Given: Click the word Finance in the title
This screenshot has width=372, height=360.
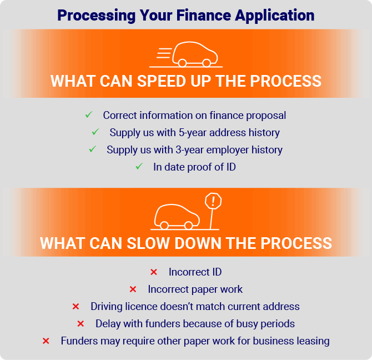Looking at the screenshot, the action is pos(203,15).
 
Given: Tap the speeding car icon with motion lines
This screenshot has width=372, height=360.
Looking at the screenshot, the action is pos(186,54).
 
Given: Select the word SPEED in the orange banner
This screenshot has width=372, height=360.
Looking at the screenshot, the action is pos(162,81).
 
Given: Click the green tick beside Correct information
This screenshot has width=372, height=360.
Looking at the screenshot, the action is pos(89,114).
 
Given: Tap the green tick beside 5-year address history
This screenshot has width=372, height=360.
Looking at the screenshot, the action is pos(95,132).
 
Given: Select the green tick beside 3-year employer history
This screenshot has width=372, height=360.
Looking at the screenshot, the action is pos(93,149).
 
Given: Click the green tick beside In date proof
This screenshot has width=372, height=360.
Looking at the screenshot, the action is pos(139,166).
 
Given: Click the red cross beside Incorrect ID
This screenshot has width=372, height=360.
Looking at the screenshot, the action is pos(154,272).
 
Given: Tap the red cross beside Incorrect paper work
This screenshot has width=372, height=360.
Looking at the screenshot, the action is pos(133,289).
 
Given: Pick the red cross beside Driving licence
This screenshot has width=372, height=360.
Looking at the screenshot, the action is pos(76,307).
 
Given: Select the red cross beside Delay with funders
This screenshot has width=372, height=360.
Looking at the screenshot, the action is pos(81,324).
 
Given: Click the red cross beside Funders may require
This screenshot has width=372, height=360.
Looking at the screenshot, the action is pos(46,341).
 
